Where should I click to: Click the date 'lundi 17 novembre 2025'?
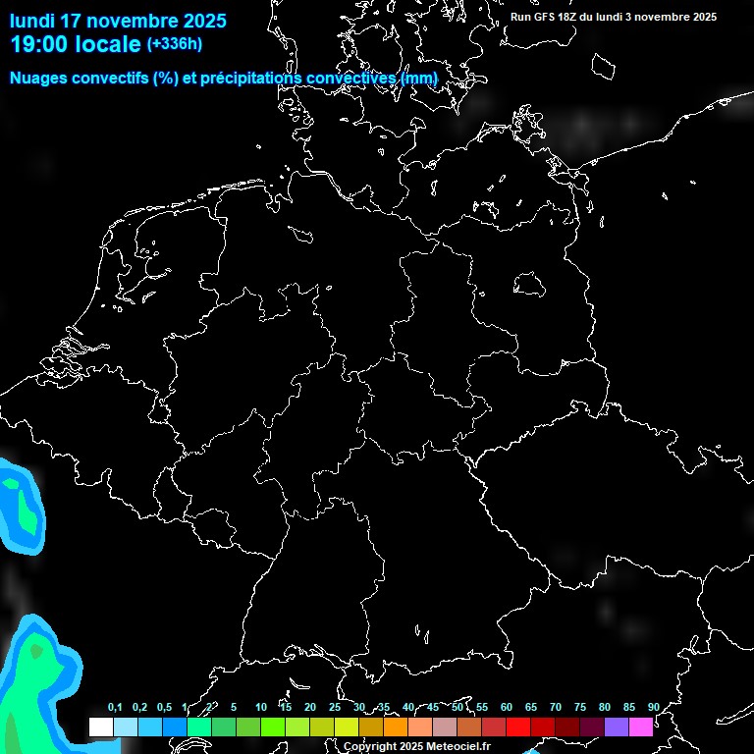click(x=118, y=21)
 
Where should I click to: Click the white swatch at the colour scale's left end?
click(x=100, y=727)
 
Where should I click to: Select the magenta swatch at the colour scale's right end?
click(x=641, y=727)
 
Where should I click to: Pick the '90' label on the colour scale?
click(x=654, y=708)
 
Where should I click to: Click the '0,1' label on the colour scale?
click(x=115, y=708)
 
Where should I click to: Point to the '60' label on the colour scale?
click(x=507, y=708)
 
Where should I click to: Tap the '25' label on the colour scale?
click(x=335, y=708)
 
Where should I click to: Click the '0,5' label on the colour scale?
click(x=164, y=708)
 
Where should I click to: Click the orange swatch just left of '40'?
click(x=395, y=727)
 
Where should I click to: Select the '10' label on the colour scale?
click(x=261, y=708)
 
